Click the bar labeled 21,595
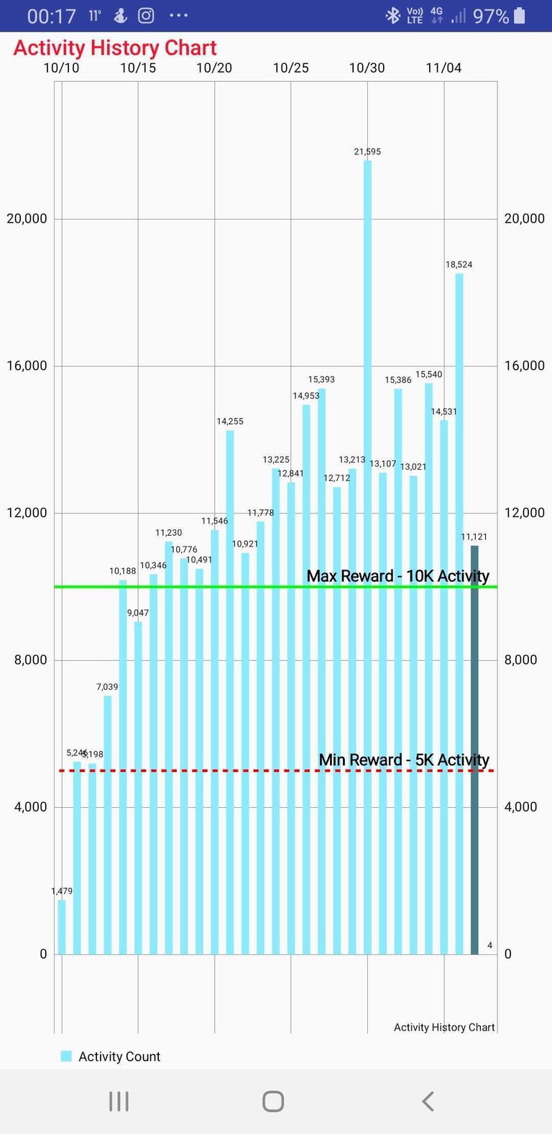pos(367,557)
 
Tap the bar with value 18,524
pos(459,613)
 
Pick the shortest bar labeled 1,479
pos(62,926)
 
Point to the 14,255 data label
pos(230,422)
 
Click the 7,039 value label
pos(107,687)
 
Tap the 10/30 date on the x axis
pos(367,68)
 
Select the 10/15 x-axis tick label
pos(138,68)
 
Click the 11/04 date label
pos(443,68)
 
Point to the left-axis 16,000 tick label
pos(27,366)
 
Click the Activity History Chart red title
pos(115,48)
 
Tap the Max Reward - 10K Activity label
pos(397,576)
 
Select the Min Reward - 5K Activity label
pos(404,760)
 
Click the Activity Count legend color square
pos(66,1056)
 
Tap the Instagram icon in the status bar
pos(146,15)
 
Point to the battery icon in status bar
pos(520,15)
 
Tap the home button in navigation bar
pos(273,1101)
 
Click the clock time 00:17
pos(51,16)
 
